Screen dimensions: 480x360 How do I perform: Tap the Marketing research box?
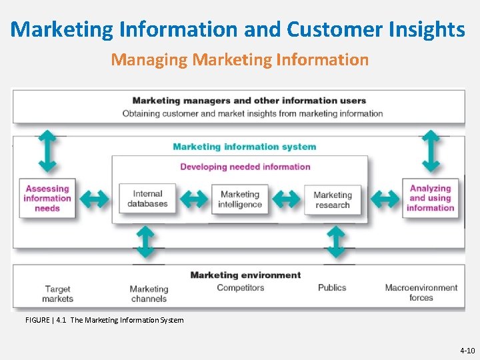point(332,199)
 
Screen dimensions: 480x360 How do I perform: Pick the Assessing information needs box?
point(47,199)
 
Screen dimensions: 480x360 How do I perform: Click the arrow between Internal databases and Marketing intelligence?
point(195,199)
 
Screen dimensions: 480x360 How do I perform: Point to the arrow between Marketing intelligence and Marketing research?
point(286,199)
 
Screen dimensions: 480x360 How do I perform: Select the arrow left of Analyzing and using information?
point(385,199)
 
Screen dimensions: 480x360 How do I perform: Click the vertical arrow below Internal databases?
point(145,242)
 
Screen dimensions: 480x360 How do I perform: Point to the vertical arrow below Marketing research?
point(336,242)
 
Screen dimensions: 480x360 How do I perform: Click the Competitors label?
point(241,288)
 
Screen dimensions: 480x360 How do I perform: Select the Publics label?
point(332,288)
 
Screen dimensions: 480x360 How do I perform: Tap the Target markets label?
point(58,293)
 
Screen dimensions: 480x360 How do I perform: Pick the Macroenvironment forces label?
point(421,293)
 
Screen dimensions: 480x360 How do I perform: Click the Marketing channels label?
point(149,293)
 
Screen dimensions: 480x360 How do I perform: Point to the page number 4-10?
point(467,350)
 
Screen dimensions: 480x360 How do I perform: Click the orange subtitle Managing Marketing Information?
point(240,60)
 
